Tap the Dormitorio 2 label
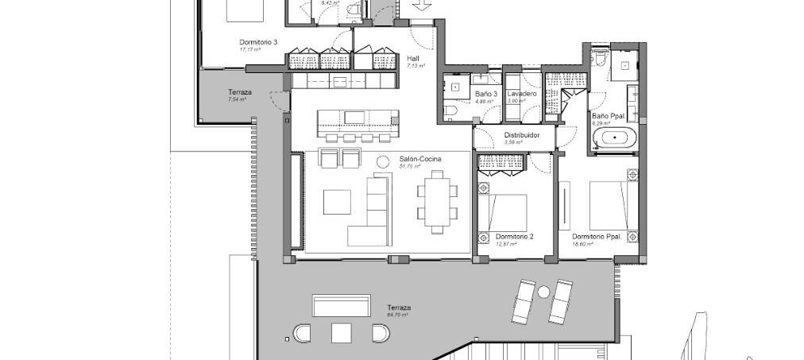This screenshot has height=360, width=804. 514,237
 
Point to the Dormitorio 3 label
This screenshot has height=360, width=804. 258,42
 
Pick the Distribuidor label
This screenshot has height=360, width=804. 522,136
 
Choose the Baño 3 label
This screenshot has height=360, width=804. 485,94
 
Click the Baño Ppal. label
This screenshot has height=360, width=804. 607,116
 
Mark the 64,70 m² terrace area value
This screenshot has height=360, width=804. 397,315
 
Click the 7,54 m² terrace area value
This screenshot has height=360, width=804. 237,100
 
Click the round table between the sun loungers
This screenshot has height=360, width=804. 543,292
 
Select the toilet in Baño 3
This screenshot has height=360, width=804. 450,111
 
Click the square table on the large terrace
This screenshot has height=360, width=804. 342,332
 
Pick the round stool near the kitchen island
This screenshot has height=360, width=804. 383,159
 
